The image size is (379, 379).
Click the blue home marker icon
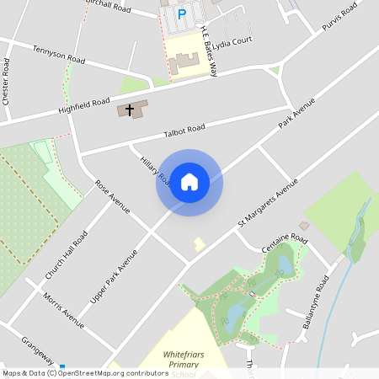pyautogui.click(x=189, y=182)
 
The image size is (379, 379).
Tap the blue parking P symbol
pyautogui.click(x=182, y=14)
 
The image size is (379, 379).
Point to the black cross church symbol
pyautogui.click(x=130, y=109)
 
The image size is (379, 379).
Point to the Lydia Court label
pyautogui.click(x=233, y=40)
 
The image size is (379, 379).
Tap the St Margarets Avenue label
pyautogui.click(x=268, y=203)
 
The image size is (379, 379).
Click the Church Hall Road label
pyautogui.click(x=67, y=255)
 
